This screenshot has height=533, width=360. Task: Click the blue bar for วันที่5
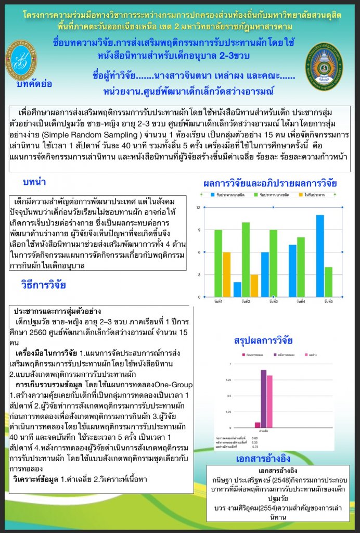pyautogui.click(x=320, y=256)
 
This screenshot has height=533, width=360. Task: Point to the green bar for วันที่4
pyautogui.click(x=301, y=266)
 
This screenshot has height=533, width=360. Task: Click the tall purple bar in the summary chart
pyautogui.click(x=263, y=398)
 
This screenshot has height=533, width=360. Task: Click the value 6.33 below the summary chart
pyautogui.click(x=254, y=442)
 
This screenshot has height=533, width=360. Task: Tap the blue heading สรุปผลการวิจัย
pyautogui.click(x=263, y=341)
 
